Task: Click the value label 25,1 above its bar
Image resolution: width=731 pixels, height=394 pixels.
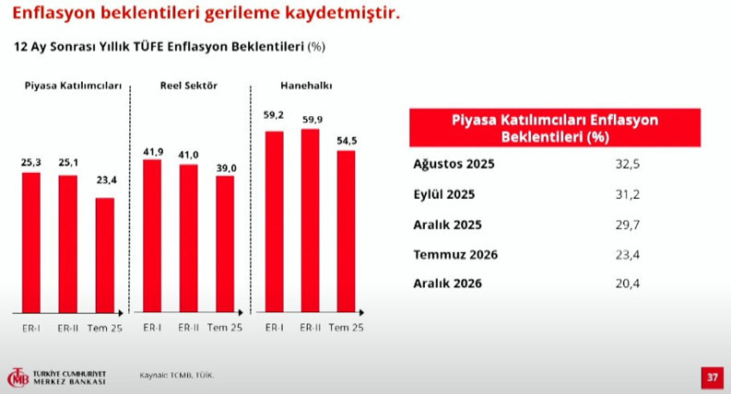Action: [68, 163]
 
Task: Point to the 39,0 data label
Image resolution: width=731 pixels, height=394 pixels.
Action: [226, 168]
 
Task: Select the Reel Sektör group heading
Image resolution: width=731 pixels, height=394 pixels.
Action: [188, 86]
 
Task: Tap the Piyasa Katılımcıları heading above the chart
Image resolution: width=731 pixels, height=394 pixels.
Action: [73, 86]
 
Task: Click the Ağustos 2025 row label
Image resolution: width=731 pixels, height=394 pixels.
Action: [454, 165]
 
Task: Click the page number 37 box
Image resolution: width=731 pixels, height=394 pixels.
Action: [712, 377]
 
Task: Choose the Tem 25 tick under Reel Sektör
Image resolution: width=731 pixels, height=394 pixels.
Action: [225, 328]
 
